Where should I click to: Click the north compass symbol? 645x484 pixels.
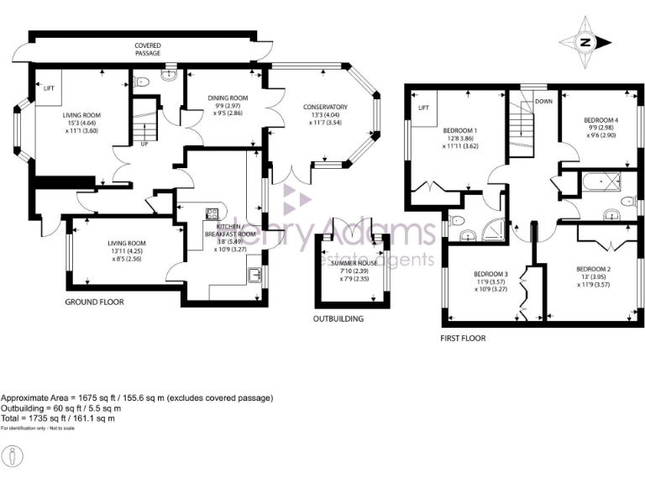(585, 42)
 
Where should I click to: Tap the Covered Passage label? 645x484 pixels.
(148, 50)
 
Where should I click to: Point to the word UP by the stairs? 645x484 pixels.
(144, 144)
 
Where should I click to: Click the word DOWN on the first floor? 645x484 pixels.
(544, 102)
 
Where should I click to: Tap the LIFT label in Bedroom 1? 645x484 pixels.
(423, 108)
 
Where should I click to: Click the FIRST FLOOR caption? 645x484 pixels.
(462, 339)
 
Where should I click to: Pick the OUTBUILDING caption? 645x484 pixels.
(338, 319)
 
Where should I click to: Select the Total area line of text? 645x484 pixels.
(58, 418)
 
